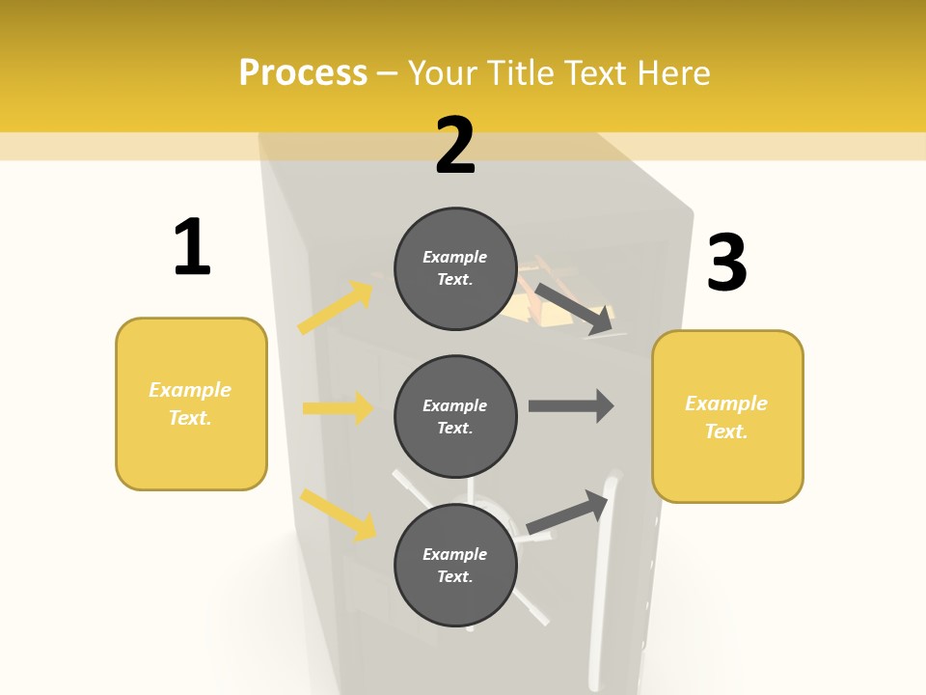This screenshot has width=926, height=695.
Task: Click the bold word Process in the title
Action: point(303,73)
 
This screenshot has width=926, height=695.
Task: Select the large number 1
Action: point(192,248)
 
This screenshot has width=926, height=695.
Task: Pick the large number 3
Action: point(726,263)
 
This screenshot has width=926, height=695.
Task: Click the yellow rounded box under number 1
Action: point(191,403)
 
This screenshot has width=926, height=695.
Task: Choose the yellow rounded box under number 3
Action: point(727,416)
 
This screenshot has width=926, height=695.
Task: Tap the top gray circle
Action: point(455,268)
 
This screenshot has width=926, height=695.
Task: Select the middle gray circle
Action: point(455,416)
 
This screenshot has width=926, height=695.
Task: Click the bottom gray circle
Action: point(455,565)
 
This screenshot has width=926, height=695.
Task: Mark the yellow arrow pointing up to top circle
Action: point(336,308)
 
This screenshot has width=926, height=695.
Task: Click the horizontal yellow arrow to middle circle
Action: point(338,408)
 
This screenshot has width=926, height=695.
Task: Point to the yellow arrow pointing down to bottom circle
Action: point(338,514)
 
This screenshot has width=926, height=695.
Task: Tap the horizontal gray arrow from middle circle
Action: point(571,405)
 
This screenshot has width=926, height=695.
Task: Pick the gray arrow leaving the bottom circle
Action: point(568,513)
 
